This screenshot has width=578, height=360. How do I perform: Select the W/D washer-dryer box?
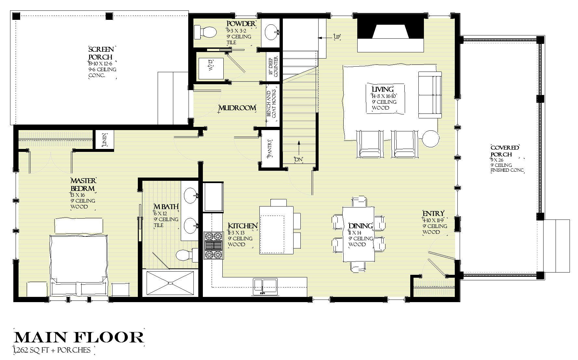211,69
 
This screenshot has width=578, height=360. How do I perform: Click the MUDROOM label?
237,108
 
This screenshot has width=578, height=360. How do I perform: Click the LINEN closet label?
104,140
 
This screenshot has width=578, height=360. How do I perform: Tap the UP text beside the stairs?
337,37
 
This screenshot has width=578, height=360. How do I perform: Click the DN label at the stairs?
298,160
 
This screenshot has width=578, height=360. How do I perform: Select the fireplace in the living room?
390,34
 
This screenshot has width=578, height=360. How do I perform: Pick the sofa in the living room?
429,95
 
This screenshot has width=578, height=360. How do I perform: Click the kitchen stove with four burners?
214,245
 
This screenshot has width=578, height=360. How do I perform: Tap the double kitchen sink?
266,286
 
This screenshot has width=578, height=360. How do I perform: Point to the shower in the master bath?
170,283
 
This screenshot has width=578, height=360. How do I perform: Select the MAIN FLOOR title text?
79,338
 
